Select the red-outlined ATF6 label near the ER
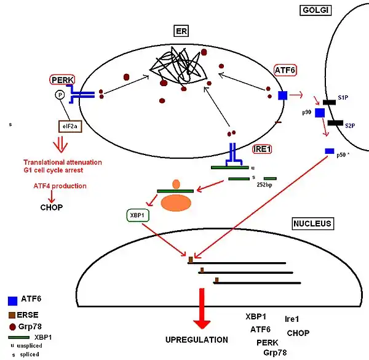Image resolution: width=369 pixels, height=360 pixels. (x=285, y=71)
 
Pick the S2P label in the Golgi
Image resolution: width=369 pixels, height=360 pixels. (x=349, y=126)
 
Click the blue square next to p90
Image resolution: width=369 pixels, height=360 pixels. (x=320, y=113)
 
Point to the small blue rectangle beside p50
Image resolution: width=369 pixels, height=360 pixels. (x=330, y=151)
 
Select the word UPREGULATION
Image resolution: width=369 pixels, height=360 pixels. (x=197, y=340)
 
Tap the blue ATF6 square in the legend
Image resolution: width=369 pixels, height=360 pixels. (x=12, y=301)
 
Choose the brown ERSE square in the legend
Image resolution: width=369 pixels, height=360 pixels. (x=12, y=314)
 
